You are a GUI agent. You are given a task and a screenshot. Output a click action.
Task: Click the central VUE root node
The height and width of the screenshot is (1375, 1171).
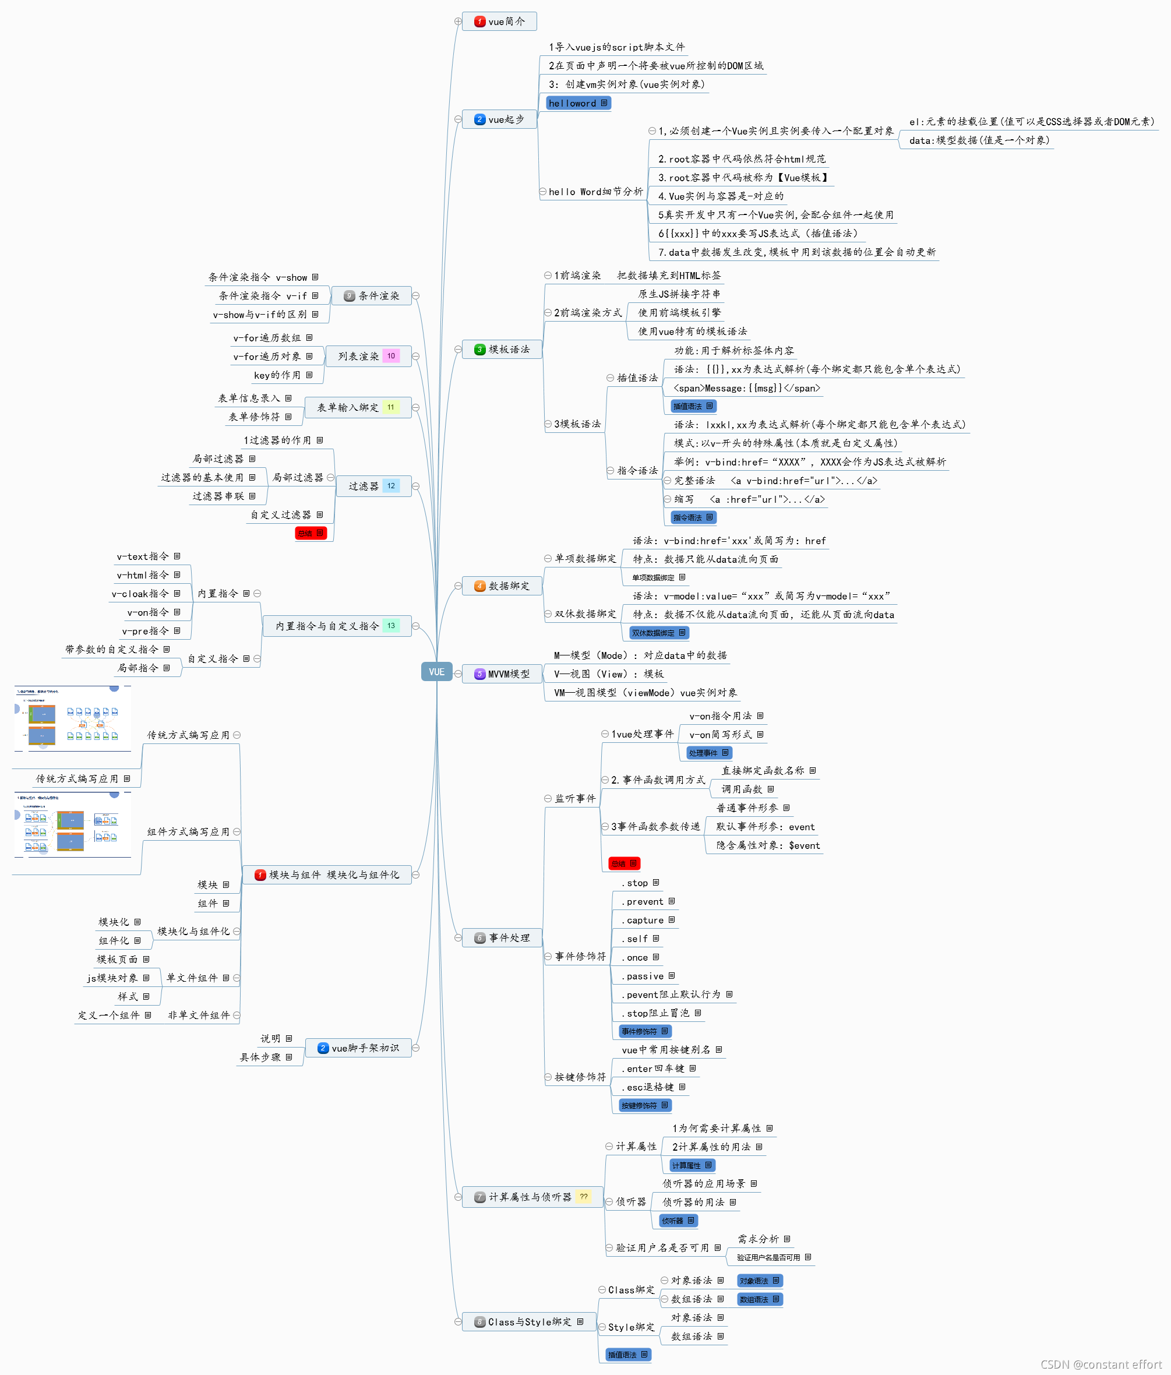pyautogui.click(x=436, y=672)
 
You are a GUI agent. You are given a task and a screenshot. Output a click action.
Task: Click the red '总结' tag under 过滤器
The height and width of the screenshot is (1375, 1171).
pyautogui.click(x=310, y=533)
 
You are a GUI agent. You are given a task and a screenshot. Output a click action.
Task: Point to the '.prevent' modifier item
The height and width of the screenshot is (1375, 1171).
pyautogui.click(x=644, y=901)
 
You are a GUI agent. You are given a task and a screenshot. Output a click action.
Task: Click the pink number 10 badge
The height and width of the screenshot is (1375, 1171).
pyautogui.click(x=391, y=356)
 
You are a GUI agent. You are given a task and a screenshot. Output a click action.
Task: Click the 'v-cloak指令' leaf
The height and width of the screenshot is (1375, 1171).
pyautogui.click(x=140, y=593)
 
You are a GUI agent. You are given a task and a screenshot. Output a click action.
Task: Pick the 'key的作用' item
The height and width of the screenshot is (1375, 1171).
pyautogui.click(x=277, y=375)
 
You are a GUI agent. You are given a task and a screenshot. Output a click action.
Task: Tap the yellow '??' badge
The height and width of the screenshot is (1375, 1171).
pyautogui.click(x=583, y=1197)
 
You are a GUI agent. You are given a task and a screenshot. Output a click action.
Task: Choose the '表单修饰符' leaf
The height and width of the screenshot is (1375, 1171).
pyautogui.click(x=254, y=417)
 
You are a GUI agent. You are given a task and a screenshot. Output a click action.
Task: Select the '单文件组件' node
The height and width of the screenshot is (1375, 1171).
pyautogui.click(x=192, y=978)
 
